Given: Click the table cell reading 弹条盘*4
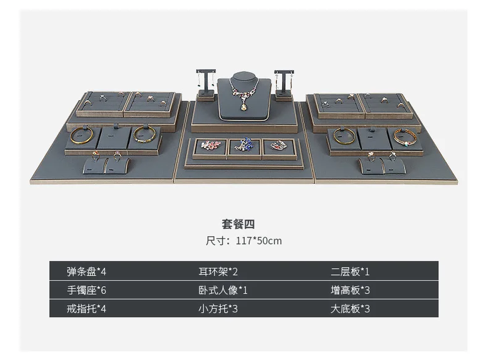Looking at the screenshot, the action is click(x=86, y=271).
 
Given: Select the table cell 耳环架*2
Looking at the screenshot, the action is click(x=218, y=271).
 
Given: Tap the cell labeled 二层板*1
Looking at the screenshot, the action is click(x=350, y=271).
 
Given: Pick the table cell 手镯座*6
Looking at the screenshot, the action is click(x=86, y=290).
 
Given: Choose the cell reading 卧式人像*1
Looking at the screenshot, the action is click(x=223, y=290).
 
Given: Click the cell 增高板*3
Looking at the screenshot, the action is click(x=350, y=290).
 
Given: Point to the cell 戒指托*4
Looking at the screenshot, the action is click(x=86, y=309).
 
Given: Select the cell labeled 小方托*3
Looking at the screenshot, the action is click(x=218, y=309).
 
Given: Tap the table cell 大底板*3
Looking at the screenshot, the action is click(x=350, y=309).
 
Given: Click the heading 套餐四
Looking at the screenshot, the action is click(x=238, y=224).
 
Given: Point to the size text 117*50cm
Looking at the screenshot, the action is click(x=259, y=241).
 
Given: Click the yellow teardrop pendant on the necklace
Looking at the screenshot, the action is click(x=244, y=107).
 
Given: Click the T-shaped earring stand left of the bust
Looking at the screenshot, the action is click(x=206, y=84).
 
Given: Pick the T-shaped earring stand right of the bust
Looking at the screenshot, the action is click(x=284, y=83).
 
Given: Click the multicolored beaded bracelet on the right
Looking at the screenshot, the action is click(x=405, y=137).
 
